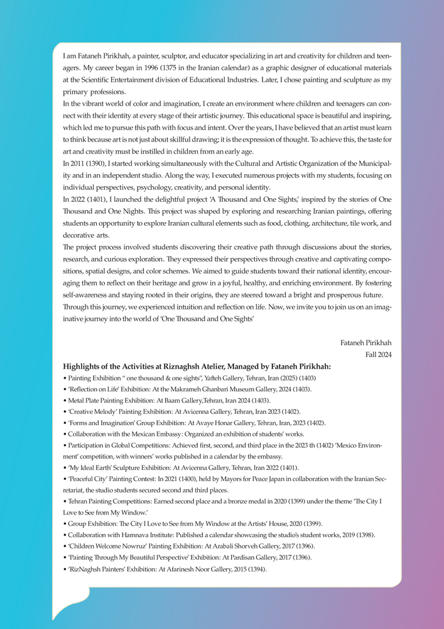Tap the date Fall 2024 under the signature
pos(378,354)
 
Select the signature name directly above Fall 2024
pos(365,343)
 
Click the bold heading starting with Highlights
pos(197,367)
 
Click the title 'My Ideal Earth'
pos(88,467)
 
